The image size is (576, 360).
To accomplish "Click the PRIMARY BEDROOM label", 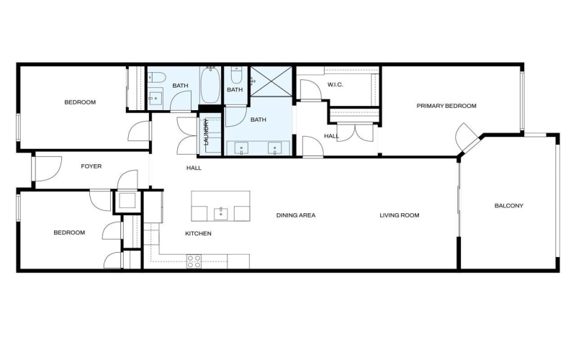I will pyautogui.click(x=446, y=106).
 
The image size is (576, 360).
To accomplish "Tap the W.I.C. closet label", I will pyautogui.click(x=335, y=85).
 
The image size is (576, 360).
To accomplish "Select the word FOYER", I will pyautogui.click(x=91, y=166).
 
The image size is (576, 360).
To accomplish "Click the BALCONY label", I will pyautogui.click(x=508, y=206).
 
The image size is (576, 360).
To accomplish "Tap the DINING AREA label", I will pyautogui.click(x=297, y=215).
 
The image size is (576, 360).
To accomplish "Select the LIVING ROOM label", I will pyautogui.click(x=400, y=215).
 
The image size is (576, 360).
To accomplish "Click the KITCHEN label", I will pyautogui.click(x=198, y=233).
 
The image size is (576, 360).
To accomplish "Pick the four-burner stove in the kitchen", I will pyautogui.click(x=194, y=261).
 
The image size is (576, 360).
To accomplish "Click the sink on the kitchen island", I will pyautogui.click(x=220, y=213).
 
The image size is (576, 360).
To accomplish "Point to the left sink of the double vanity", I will pyautogui.click(x=240, y=148).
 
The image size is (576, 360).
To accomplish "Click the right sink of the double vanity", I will pyautogui.click(x=274, y=148).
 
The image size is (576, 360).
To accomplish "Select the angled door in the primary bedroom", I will pyautogui.click(x=465, y=137).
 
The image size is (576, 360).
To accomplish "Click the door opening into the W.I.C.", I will pyautogui.click(x=310, y=91).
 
